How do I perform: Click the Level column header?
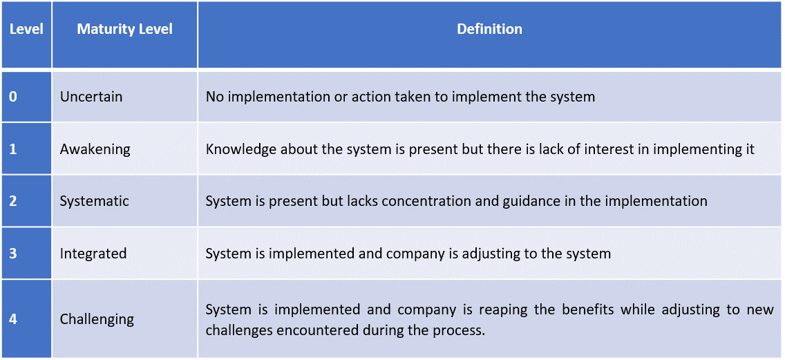coord(26,29)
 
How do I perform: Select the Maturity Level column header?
coord(124,29)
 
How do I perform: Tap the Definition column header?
coord(489,29)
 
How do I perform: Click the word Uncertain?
coord(91,97)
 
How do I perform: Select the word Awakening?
coord(95,149)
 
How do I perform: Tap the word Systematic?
coord(94,201)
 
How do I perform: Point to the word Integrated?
coord(93,253)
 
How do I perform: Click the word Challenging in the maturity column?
coord(97,319)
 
